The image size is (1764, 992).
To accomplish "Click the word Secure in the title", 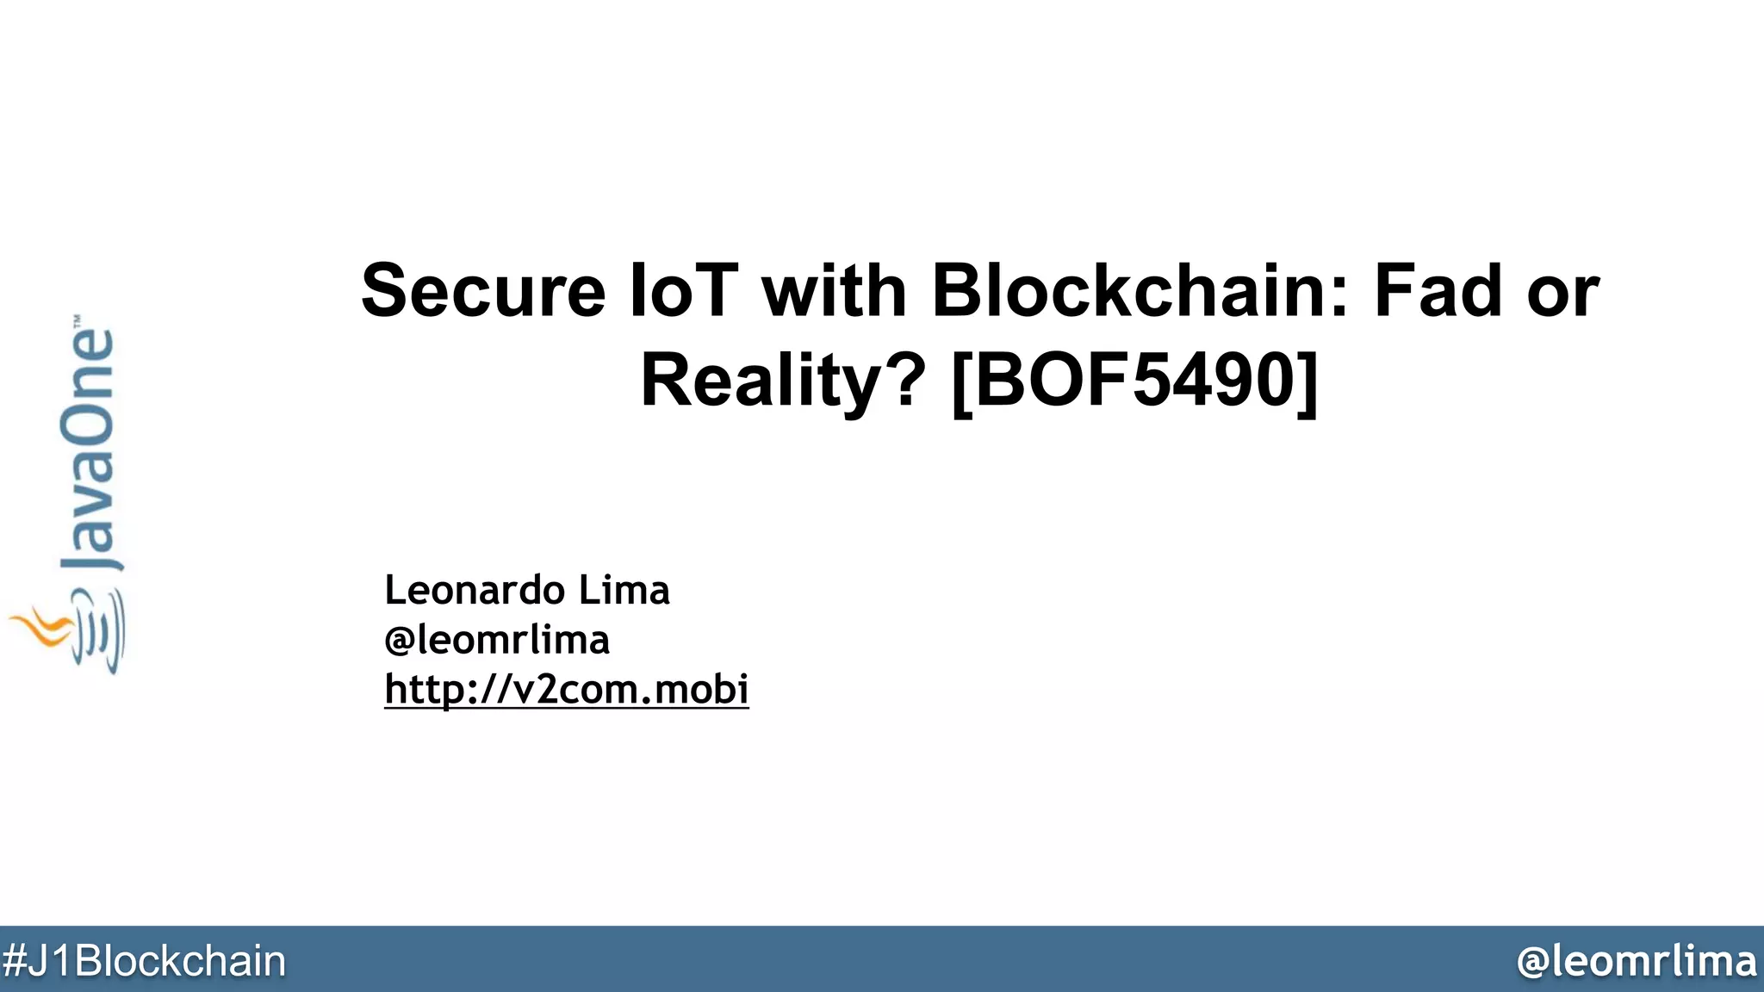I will [x=483, y=291].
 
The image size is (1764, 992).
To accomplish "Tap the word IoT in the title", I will [x=684, y=291].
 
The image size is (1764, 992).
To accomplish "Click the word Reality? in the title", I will [x=783, y=381].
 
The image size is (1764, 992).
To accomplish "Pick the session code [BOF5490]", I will [x=1135, y=381].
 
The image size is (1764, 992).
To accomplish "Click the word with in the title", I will [x=834, y=291].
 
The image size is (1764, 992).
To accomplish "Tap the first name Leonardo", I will [x=475, y=591].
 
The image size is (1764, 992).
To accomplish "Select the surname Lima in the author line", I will [x=624, y=591].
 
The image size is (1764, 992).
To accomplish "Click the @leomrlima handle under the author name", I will [x=497, y=640].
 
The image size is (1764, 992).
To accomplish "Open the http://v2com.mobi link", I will [x=567, y=690].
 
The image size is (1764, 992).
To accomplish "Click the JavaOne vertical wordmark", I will [x=88, y=448].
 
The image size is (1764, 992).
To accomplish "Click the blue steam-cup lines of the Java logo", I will [x=102, y=633].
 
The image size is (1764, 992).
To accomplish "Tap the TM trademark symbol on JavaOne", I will [x=78, y=319].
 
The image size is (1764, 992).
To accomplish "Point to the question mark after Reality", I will [x=904, y=381].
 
